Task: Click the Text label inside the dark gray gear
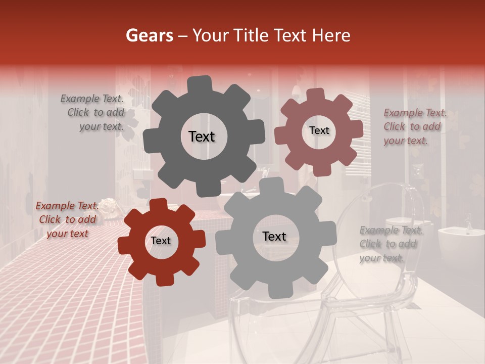pos(202,136)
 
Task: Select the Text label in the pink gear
pos(319,130)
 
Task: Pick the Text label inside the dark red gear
pos(161,241)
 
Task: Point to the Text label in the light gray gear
pos(274,236)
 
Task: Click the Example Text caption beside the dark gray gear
pos(92,113)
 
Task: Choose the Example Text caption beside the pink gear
pos(415,127)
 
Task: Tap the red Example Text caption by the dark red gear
pos(67,219)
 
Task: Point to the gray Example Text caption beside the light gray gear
pos(391,244)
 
